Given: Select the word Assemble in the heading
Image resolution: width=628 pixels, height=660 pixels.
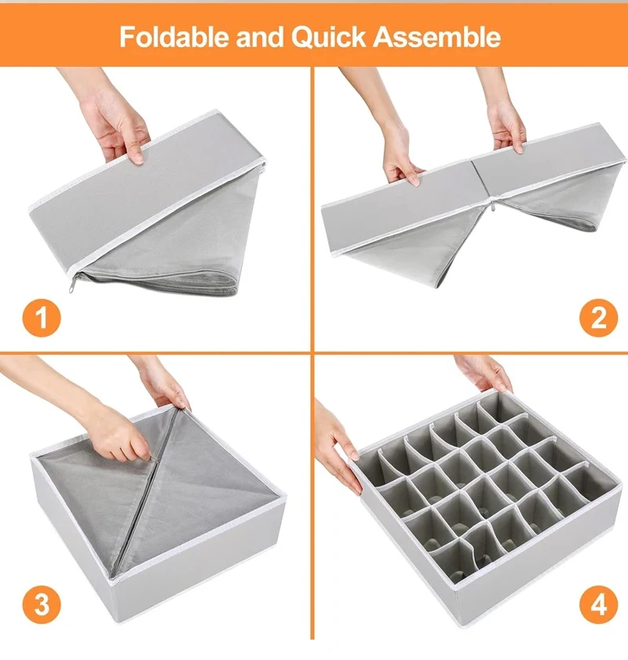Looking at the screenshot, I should click(436, 37).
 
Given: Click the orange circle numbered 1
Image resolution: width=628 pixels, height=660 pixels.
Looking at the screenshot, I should click(39, 319).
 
